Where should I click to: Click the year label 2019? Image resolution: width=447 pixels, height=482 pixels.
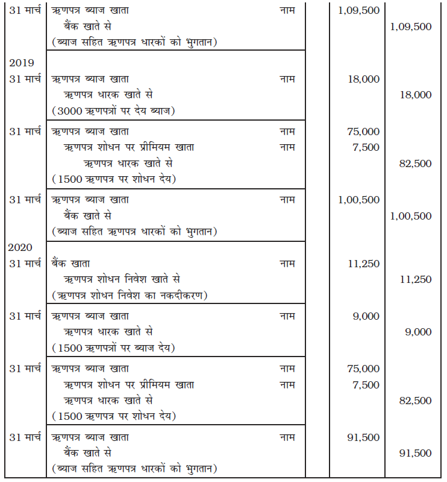coord(21,62)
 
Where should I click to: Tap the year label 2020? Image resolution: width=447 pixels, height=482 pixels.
coord(21,247)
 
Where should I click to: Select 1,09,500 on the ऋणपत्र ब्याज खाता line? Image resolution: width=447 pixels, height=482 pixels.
coord(358,11)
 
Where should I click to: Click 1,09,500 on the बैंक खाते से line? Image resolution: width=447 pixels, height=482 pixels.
coord(411,27)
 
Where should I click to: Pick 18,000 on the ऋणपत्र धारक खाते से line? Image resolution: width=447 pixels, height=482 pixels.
coord(415,95)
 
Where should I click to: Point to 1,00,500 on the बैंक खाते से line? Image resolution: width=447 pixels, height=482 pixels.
coord(411,216)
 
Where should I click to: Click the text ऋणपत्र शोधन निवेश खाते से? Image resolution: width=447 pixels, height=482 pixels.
coord(122,279)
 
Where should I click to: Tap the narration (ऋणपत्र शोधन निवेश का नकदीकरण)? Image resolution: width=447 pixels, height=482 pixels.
coord(130,295)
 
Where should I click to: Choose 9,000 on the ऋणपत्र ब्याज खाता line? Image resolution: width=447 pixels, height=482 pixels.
coord(366,316)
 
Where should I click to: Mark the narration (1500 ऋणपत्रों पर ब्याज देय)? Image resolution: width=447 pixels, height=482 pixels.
coord(113,347)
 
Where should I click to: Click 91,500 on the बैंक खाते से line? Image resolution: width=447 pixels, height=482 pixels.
coord(415,453)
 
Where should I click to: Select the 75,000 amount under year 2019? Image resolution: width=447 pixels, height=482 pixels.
coord(363,132)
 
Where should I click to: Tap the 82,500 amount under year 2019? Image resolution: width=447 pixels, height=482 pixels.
coord(415,163)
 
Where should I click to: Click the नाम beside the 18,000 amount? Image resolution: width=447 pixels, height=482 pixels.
coord(287,79)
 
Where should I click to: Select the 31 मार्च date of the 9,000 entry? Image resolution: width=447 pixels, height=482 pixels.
coord(25,316)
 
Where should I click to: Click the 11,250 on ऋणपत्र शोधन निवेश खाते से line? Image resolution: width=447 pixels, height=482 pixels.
coord(415,279)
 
